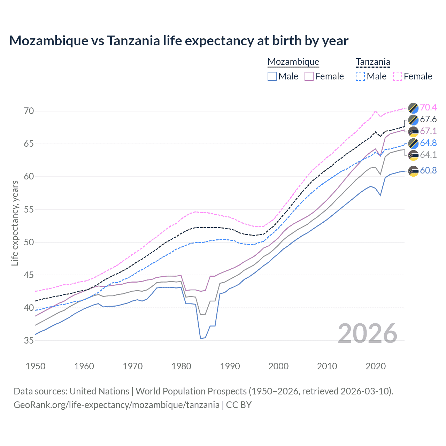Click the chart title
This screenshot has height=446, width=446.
click(179, 41)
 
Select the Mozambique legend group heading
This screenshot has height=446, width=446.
click(293, 62)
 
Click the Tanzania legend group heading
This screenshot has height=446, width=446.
click(373, 62)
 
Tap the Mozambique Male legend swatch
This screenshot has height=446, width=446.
click(272, 76)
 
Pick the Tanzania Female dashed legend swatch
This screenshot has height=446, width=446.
click(398, 76)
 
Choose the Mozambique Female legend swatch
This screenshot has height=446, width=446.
click(309, 76)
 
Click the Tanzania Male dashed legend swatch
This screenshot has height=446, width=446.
click(360, 76)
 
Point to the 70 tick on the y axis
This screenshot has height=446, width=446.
click(29, 111)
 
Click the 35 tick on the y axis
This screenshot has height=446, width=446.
click(29, 340)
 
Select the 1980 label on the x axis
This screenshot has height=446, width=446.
click(181, 366)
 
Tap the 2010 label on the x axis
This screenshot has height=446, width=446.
click(327, 366)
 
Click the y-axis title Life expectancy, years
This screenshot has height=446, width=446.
click(15, 223)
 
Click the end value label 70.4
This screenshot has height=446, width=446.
click(428, 107)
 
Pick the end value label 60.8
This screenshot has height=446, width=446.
click(428, 170)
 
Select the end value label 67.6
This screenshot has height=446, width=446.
click(428, 119)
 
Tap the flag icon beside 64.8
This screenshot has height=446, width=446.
click(413, 143)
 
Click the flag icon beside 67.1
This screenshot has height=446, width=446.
click(413, 132)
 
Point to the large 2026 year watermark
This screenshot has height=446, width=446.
click(368, 333)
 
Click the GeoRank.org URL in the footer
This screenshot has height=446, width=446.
click(116, 405)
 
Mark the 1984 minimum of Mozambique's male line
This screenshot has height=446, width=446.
click(201, 338)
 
